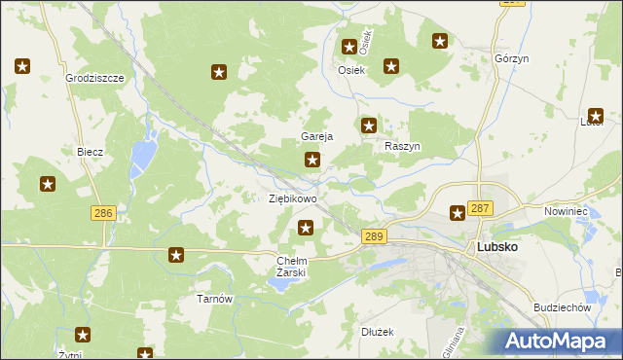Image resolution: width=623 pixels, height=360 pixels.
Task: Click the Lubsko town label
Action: point(496,247)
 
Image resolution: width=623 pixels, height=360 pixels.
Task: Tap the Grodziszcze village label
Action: point(95,77)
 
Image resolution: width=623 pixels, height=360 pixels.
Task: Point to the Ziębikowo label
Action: point(292,198)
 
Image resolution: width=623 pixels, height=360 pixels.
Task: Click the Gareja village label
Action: point(317,137)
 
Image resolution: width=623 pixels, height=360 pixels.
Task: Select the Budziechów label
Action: point(563,307)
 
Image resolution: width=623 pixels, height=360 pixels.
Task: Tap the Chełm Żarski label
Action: point(292,267)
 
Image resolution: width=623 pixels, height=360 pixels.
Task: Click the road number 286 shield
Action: point(103,213)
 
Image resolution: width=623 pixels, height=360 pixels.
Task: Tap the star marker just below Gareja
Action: point(312,160)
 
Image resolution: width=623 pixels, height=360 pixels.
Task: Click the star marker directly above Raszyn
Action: point(369,125)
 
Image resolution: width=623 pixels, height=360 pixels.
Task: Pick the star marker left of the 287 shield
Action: point(457,212)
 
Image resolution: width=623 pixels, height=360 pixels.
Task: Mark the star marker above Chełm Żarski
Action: point(306,228)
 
